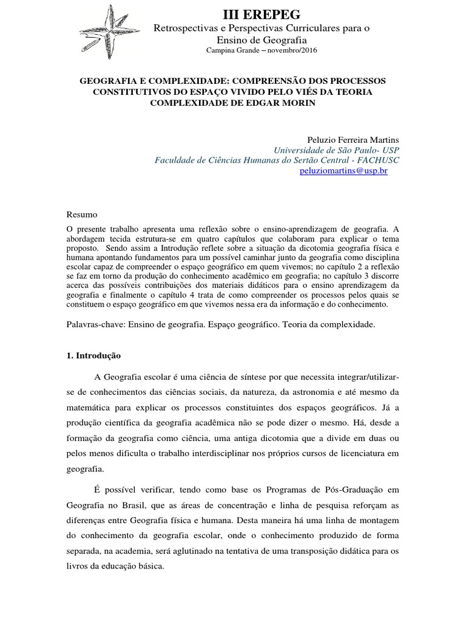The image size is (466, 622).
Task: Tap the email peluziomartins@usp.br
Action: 343,171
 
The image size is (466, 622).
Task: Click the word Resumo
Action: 81,214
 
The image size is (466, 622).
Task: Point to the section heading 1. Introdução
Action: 94,355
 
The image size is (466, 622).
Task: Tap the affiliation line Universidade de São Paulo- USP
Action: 337,150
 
